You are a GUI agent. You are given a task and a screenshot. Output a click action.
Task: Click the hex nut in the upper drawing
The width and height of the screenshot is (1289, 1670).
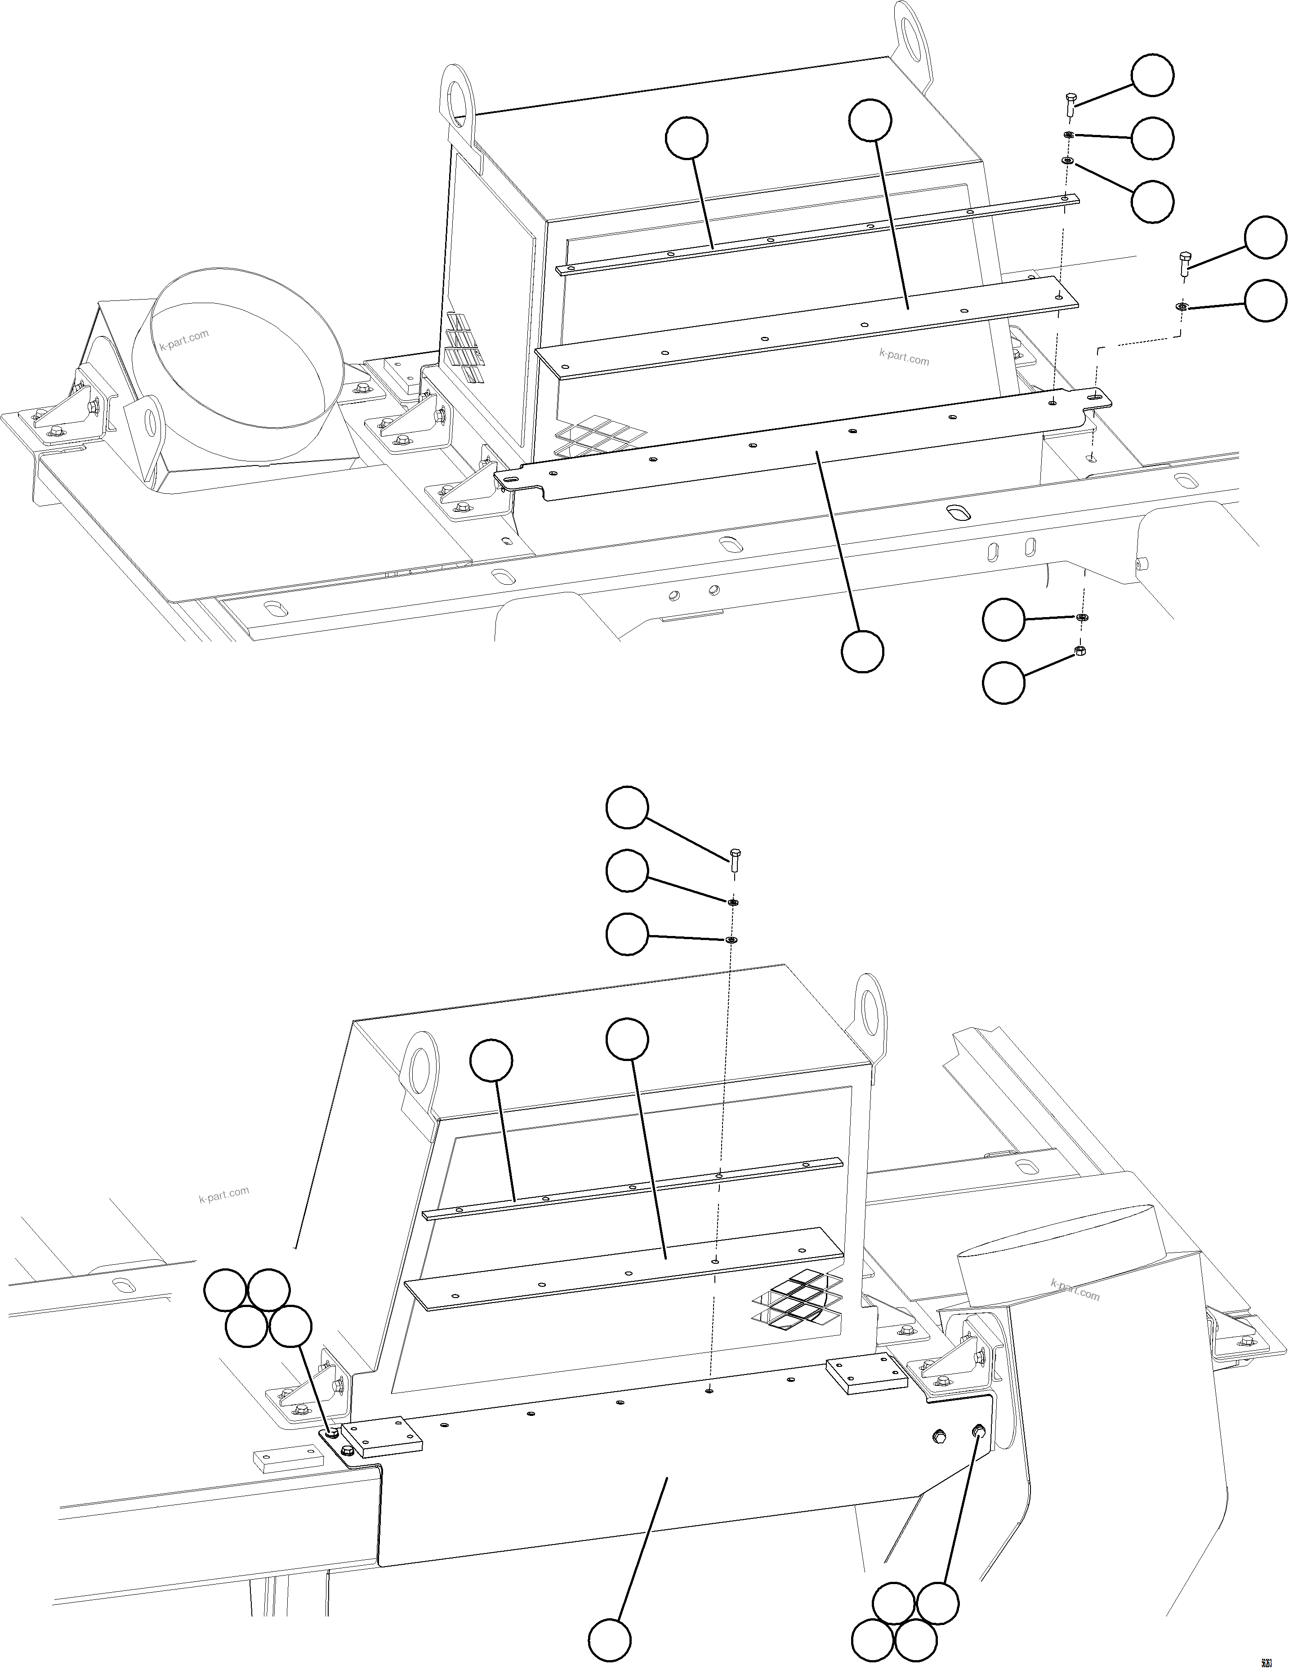tap(1081, 651)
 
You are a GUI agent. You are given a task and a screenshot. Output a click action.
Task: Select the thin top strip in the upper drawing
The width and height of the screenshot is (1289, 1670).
tap(818, 233)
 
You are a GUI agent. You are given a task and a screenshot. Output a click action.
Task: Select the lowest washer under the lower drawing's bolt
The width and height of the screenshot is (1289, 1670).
tap(731, 939)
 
